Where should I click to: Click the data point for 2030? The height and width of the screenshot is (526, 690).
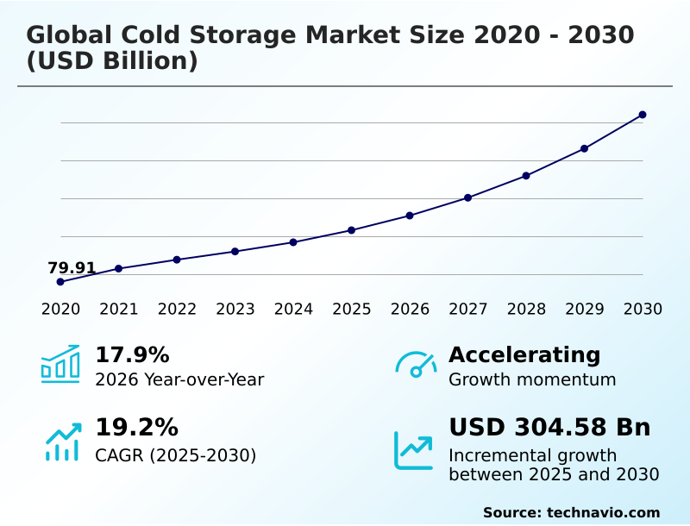(643, 115)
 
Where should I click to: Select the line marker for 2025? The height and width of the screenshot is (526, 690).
(351, 230)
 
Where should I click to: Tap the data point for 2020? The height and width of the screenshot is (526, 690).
(60, 282)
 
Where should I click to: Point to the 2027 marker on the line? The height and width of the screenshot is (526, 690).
(467, 197)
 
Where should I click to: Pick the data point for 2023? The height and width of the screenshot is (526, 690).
(235, 251)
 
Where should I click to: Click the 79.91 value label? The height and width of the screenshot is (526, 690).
(72, 268)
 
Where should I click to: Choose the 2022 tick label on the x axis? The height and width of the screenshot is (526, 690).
(177, 309)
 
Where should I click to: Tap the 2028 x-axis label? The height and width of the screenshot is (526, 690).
(526, 309)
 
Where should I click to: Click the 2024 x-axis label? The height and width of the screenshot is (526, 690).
(293, 309)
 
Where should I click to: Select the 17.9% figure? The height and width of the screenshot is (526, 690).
(132, 354)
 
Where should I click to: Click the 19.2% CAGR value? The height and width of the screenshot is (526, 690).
(136, 428)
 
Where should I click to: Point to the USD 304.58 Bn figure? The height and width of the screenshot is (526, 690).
(549, 428)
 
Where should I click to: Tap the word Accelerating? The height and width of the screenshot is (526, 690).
(524, 354)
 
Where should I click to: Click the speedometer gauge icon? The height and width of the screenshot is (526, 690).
(416, 364)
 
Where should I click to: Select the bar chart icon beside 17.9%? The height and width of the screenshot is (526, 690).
(60, 364)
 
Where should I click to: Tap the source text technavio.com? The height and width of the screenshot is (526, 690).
(603, 512)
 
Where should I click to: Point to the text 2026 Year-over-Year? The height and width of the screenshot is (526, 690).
(179, 379)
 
